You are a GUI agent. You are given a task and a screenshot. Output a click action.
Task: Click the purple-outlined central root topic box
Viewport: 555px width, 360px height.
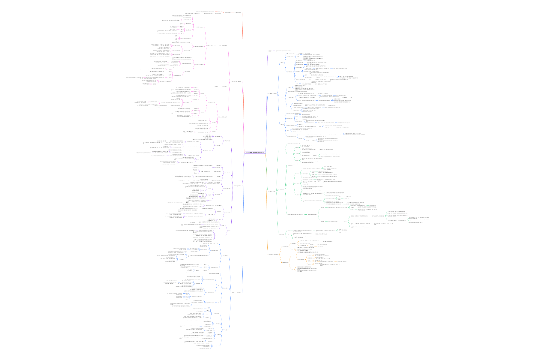point(255,153)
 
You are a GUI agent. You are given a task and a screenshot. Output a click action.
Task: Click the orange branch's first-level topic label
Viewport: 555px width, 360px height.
point(273,255)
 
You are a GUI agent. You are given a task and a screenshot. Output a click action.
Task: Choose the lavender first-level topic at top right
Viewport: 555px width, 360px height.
point(270,51)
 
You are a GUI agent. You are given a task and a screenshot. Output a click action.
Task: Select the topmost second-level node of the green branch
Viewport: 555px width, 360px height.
point(281,149)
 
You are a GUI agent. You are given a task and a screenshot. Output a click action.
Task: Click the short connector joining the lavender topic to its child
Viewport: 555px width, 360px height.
point(274,51)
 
